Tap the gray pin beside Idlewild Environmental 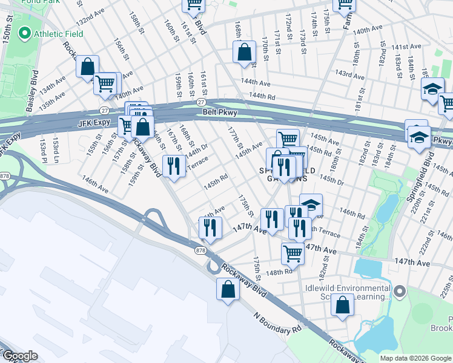(x=399, y=293)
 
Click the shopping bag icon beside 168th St (x=244, y=53)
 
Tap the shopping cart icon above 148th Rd (x=293, y=253)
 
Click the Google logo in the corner (x=20, y=356)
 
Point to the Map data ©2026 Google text (x=415, y=358)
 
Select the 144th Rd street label (x=262, y=96)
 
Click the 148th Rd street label (x=280, y=272)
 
